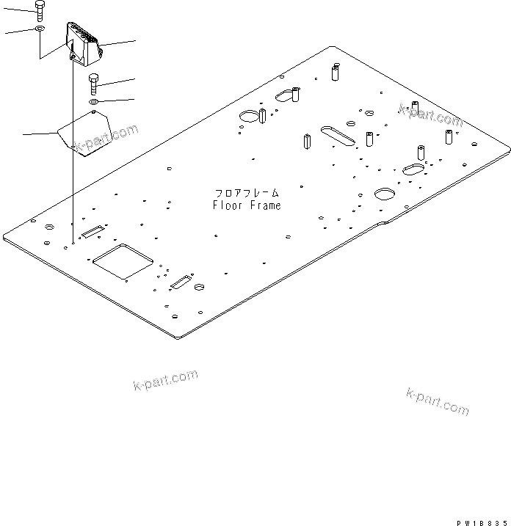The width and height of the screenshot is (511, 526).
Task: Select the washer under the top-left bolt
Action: coord(39,29)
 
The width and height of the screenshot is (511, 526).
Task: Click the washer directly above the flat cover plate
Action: coord(94,101)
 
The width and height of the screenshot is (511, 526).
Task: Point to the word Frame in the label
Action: coord(264,205)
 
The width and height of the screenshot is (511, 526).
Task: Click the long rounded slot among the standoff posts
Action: coord(335,135)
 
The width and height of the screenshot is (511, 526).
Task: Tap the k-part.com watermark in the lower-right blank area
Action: coord(437,401)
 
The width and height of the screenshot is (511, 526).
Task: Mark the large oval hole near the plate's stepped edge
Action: coord(385,194)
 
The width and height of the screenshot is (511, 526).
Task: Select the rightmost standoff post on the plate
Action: coord(449,137)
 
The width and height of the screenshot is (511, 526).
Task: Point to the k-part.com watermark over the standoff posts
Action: coord(430,115)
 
